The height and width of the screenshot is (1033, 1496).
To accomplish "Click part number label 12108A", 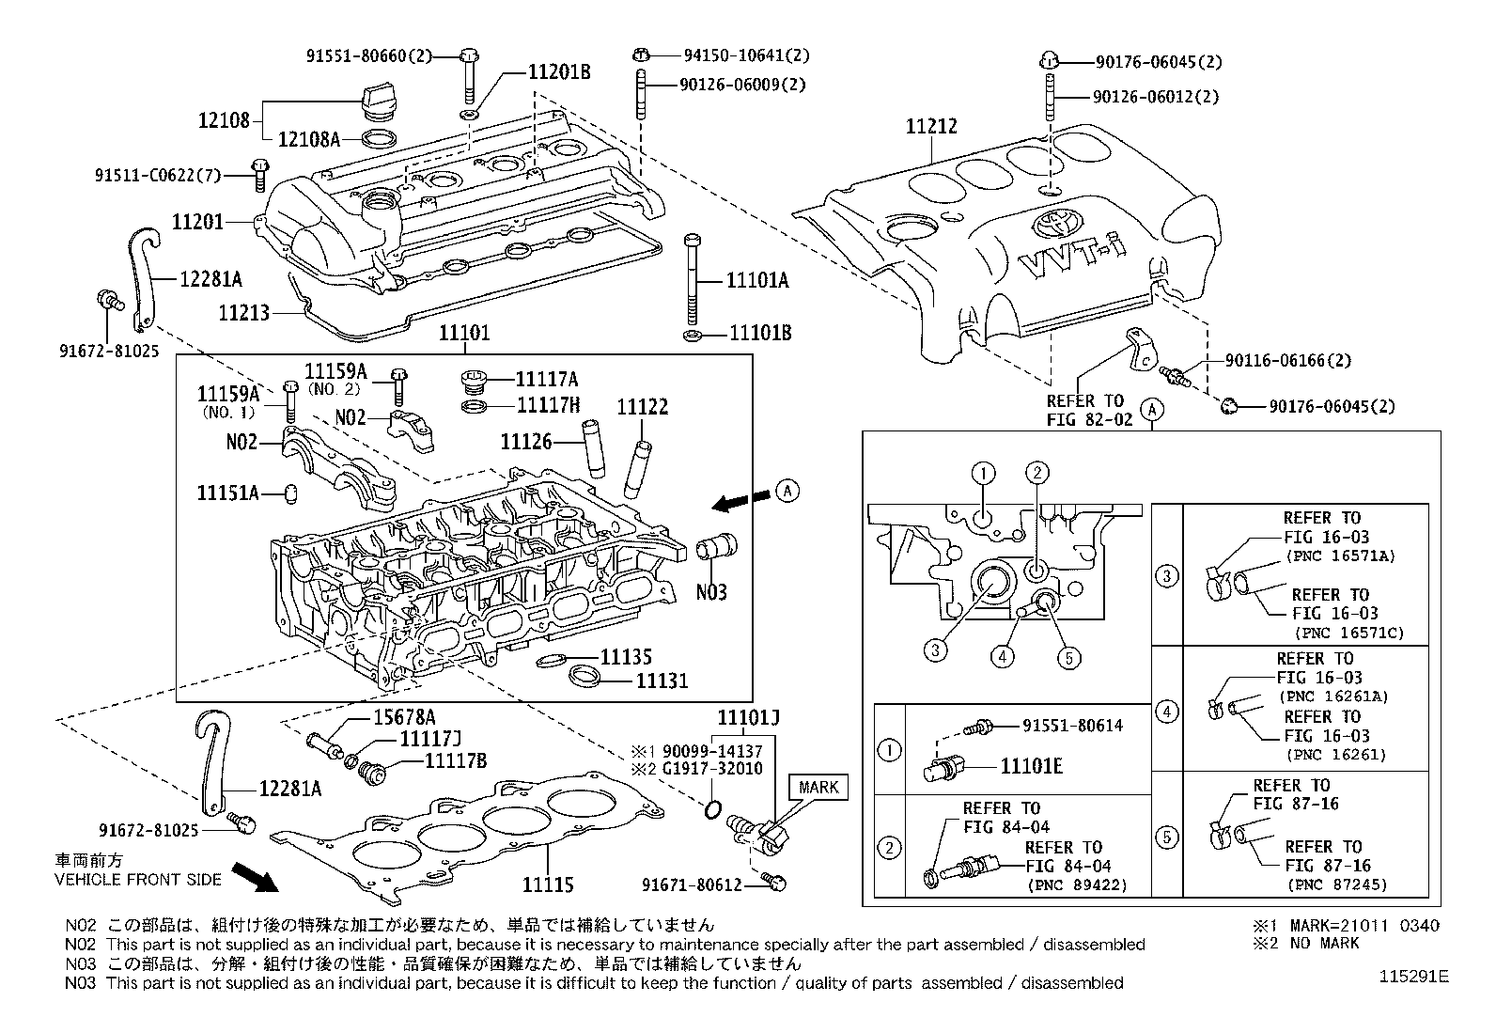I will pyautogui.click(x=309, y=140).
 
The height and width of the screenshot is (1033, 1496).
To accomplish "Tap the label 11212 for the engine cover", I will pyautogui.click(x=930, y=125).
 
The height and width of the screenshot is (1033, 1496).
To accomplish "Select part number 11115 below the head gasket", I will pyautogui.click(x=548, y=884).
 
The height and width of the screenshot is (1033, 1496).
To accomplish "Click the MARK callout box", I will pyautogui.click(x=818, y=787).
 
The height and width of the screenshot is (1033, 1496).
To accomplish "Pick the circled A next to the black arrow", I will pyautogui.click(x=787, y=489).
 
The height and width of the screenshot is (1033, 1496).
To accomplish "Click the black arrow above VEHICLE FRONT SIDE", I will pyautogui.click(x=256, y=876).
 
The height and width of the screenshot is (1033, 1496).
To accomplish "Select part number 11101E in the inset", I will pyautogui.click(x=1031, y=766).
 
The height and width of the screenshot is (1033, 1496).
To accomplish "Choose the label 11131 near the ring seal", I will pyautogui.click(x=662, y=680).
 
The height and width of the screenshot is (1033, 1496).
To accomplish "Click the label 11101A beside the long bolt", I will pyautogui.click(x=757, y=280).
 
